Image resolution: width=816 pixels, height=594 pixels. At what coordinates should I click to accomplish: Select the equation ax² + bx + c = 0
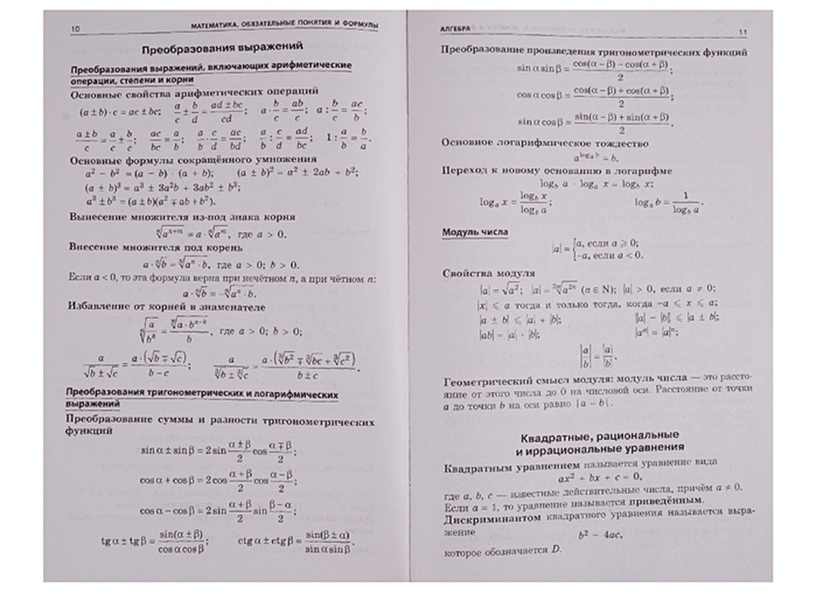pos(593,478)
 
